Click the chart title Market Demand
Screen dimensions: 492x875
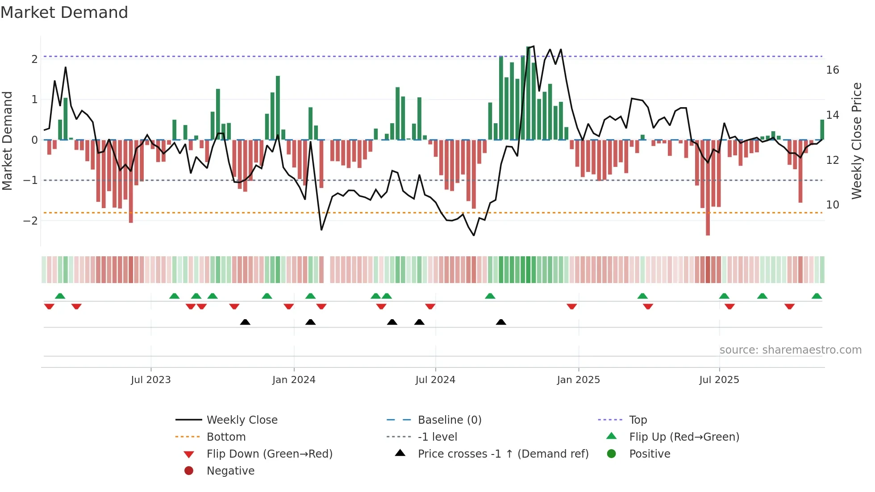64,13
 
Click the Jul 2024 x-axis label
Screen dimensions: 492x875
435,380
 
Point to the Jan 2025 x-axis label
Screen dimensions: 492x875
578,380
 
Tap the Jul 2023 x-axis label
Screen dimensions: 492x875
151,380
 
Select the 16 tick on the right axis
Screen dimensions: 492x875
832,70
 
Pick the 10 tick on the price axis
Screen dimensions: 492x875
832,205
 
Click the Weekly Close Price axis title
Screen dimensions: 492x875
856,141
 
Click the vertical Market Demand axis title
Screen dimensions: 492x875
8,141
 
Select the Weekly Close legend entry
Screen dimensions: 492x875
242,420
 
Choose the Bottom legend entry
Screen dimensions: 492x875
226,437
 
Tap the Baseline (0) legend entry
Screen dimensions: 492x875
449,420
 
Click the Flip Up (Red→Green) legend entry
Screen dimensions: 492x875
683,437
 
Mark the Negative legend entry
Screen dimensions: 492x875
230,471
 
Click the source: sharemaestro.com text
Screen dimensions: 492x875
790,350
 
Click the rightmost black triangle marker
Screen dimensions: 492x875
501,322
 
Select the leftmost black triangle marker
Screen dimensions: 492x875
245,322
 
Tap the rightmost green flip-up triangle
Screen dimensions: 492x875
817,296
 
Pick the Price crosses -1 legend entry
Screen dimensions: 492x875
503,454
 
